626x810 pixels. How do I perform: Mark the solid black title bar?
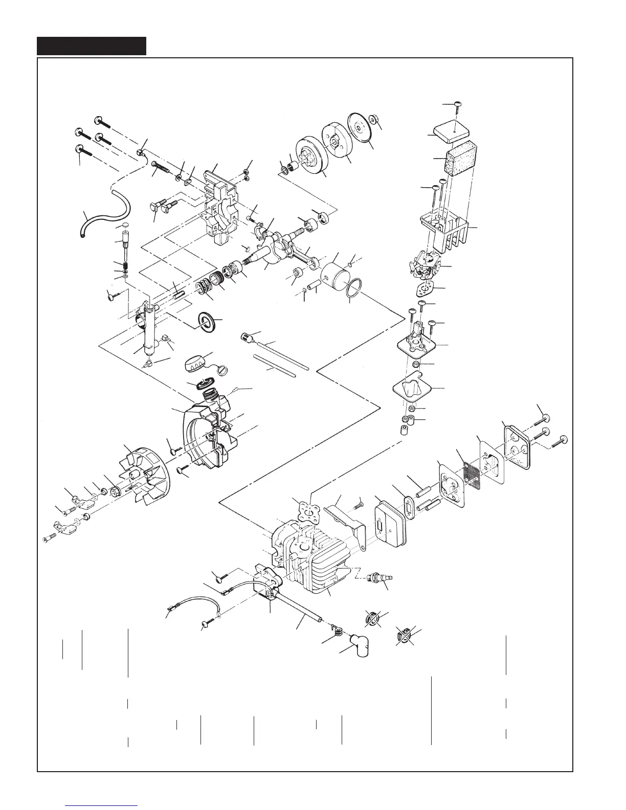coord(92,46)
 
